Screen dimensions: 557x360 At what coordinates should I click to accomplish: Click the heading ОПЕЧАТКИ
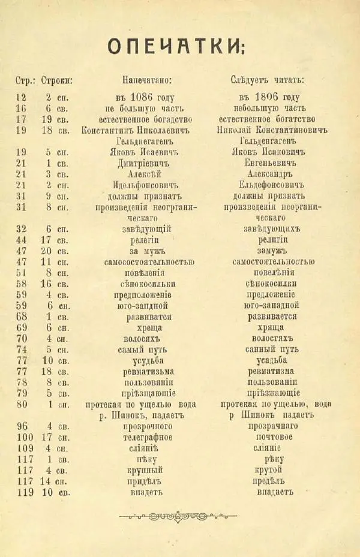176,46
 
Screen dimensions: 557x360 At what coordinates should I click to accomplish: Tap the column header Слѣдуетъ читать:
267,80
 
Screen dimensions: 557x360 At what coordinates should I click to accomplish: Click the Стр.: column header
25,80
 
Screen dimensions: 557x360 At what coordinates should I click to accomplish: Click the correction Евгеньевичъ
268,162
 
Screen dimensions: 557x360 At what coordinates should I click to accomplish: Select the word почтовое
268,437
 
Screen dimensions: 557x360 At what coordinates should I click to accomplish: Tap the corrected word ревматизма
268,371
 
